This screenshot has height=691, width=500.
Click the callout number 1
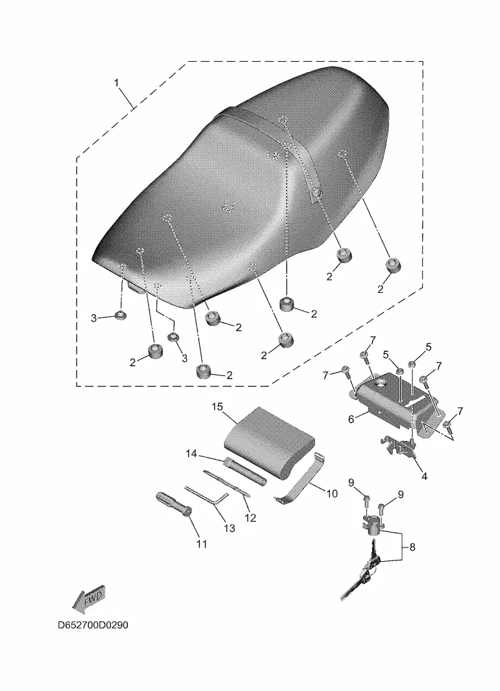(x=117, y=83)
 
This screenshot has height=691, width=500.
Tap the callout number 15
(x=218, y=407)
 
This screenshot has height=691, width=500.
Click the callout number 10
(x=331, y=494)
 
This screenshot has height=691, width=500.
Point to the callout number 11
(x=201, y=544)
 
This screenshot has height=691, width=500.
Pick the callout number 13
(x=229, y=529)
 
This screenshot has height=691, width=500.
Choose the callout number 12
(x=250, y=518)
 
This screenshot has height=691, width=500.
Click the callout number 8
(x=412, y=547)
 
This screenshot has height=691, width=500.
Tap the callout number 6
(x=351, y=420)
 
